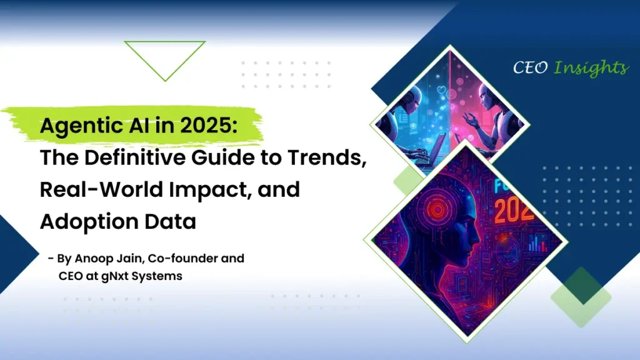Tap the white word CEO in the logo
click(x=530, y=67)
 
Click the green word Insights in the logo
click(x=591, y=67)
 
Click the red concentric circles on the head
click(x=437, y=209)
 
